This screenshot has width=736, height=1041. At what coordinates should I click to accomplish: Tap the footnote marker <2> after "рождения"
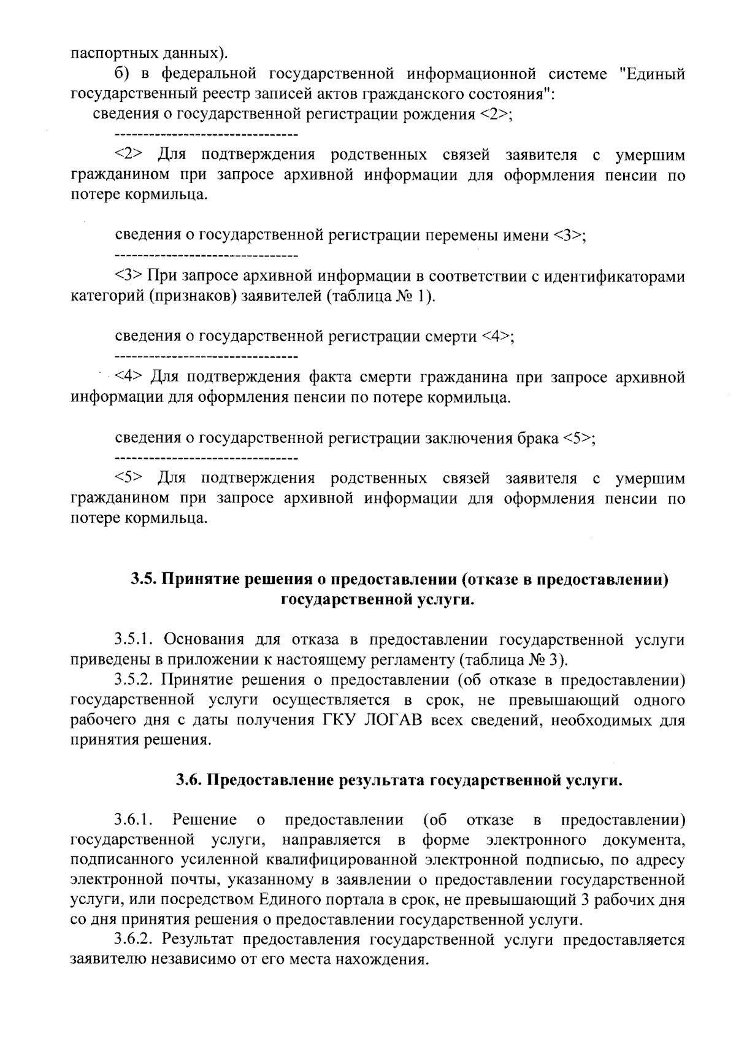tap(492, 115)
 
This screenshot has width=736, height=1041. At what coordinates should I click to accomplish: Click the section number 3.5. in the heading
tap(144, 579)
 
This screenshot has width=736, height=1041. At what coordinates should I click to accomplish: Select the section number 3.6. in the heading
tap(190, 781)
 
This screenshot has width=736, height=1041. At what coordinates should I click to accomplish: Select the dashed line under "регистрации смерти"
tap(206, 356)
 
